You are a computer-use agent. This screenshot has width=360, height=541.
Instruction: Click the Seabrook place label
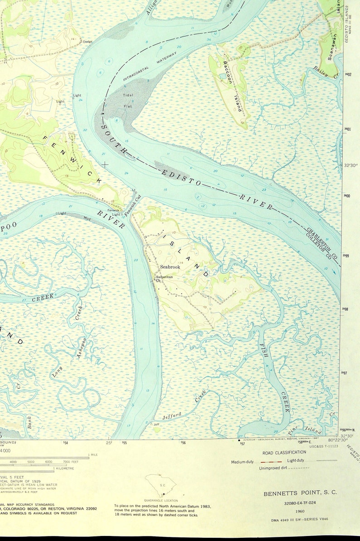tap(170, 267)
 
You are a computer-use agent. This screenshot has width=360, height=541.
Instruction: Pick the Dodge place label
tap(87, 42)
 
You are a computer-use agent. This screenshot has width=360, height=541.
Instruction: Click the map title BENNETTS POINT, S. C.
tap(300, 493)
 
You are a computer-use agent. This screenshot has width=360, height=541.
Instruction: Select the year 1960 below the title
tap(300, 511)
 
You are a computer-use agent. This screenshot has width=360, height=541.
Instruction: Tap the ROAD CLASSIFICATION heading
tap(284, 452)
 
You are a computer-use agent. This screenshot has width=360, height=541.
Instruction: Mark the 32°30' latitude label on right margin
tap(350, 165)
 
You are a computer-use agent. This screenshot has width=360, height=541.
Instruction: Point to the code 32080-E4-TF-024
tap(300, 503)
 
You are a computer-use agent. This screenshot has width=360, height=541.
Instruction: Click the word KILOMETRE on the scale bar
tap(64, 468)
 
